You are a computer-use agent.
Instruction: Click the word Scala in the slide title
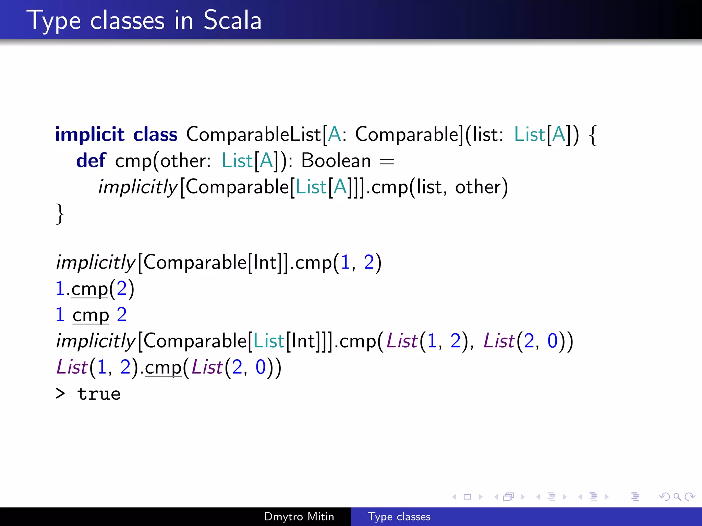(232, 21)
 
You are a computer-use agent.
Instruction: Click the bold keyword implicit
(89, 134)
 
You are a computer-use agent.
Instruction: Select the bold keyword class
(155, 134)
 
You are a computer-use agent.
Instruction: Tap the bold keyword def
(91, 161)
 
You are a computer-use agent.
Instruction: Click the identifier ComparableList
(253, 134)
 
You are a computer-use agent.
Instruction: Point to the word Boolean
(336, 161)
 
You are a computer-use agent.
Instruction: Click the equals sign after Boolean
(387, 161)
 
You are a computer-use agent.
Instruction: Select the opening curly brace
(593, 135)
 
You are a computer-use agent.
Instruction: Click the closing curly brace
(60, 214)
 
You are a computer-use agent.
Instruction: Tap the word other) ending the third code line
(481, 187)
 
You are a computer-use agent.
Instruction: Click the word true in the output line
(99, 394)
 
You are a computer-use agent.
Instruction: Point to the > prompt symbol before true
(60, 394)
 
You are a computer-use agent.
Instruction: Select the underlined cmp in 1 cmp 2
(90, 315)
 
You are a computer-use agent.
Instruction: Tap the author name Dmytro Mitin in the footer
(299, 516)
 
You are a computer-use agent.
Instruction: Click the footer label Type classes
(399, 516)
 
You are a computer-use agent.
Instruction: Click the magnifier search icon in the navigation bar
(677, 497)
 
